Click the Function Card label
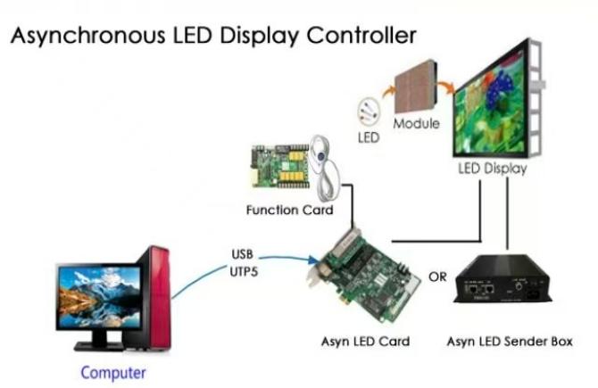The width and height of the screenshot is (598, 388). [289, 211]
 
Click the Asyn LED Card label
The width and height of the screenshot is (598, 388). [365, 342]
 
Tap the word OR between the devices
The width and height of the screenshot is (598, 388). [437, 277]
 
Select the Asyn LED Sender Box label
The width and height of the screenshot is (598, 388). [508, 342]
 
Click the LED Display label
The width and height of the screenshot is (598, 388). [492, 168]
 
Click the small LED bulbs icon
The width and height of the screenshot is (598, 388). [367, 114]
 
